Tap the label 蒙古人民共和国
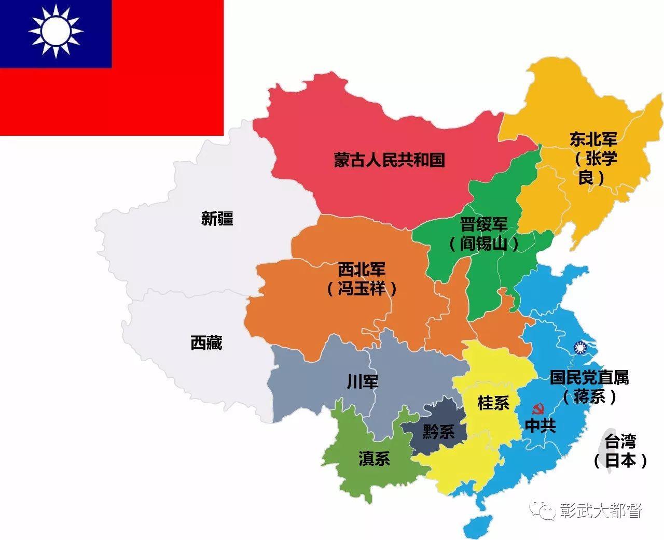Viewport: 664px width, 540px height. click(389, 160)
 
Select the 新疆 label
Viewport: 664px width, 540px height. click(217, 219)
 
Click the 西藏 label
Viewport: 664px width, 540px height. click(206, 343)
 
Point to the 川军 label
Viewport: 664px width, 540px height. click(363, 382)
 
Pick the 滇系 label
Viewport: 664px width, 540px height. click(374, 459)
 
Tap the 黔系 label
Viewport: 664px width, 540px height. click(438, 431)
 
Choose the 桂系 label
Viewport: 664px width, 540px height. click(493, 403)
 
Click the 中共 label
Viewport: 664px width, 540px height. click(541, 426)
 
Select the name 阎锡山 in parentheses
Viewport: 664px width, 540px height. click(483, 244)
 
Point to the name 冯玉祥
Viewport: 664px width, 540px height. click(362, 288)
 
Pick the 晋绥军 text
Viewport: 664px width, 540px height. click(483, 225)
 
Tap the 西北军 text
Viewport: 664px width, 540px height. click(362, 269)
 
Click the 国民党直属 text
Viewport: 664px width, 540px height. click(589, 378)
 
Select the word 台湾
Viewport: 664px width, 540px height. click(620, 442)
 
